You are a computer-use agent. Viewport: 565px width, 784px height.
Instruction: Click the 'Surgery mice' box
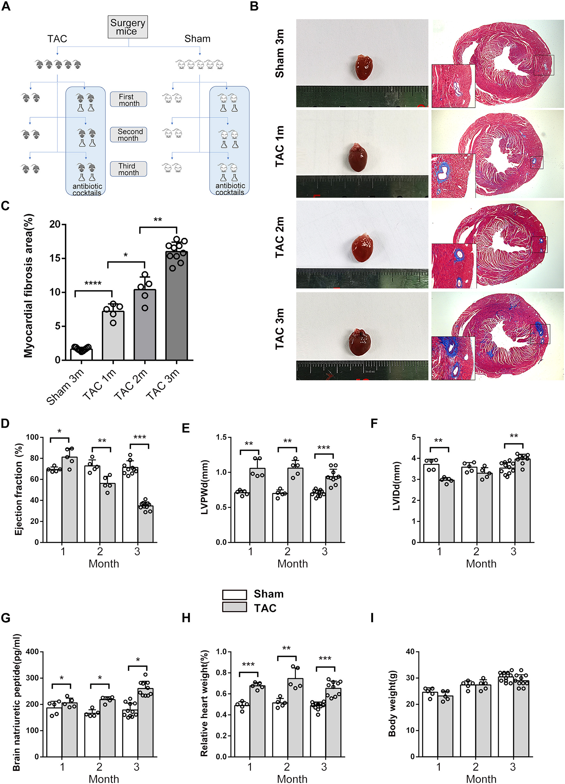128,27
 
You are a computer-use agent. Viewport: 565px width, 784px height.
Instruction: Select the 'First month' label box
128,99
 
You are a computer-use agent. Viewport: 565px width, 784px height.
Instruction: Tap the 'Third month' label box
128,169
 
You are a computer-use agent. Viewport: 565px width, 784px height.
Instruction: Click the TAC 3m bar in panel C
176,306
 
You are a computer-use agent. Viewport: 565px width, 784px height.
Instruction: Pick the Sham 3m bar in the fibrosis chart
81,354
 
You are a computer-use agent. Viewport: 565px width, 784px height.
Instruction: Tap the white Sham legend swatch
234,595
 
